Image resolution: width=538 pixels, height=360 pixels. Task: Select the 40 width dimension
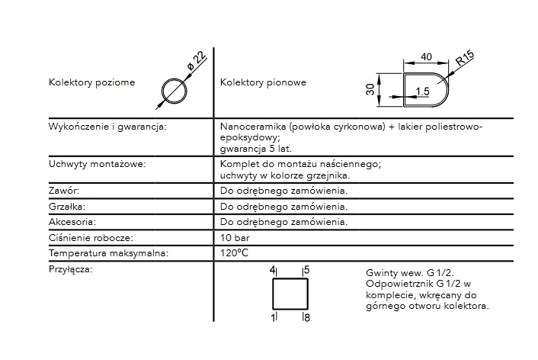point(425,56)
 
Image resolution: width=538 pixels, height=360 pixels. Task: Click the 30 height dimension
point(370,89)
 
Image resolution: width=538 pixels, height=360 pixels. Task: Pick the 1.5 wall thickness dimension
point(422,92)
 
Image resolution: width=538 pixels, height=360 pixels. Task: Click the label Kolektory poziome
point(91,82)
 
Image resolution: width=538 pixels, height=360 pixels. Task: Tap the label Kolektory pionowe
point(263,82)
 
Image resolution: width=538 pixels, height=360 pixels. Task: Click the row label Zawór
point(64,191)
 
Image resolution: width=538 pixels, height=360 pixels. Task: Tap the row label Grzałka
point(66,207)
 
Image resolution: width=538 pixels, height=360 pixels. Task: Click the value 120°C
point(235,253)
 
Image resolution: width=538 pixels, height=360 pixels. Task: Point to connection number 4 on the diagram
point(272,271)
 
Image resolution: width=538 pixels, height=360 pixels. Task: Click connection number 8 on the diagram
point(306,316)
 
